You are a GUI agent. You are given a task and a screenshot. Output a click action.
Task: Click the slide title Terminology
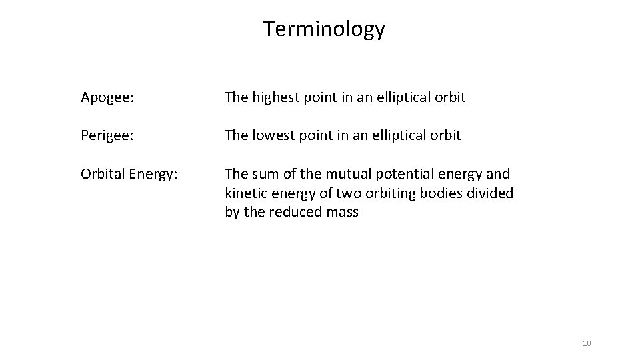[x=324, y=29]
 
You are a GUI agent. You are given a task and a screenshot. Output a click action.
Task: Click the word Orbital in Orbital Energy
[x=102, y=175]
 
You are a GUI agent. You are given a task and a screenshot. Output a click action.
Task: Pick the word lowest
[x=274, y=135]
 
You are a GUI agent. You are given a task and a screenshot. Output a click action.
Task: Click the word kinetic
[x=246, y=194]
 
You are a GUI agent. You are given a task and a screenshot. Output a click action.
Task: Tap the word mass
[x=343, y=213]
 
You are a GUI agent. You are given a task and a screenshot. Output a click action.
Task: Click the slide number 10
[x=587, y=343]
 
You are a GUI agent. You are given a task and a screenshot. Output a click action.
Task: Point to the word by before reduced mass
[x=233, y=213]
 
